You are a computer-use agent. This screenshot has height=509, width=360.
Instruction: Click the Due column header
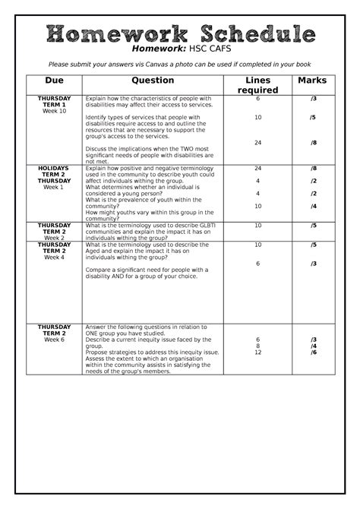point(54,81)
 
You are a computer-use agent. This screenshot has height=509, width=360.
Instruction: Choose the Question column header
point(153,81)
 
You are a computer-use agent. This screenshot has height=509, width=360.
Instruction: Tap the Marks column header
point(312,81)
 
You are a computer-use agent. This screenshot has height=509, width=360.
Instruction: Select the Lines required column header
point(257,85)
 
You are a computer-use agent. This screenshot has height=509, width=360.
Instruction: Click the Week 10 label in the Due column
point(54,112)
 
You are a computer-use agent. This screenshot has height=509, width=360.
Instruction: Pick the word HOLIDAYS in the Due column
point(54,168)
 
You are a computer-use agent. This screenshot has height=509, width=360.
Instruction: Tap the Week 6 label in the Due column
point(54,340)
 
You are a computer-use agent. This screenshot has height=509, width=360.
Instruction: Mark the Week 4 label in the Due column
point(54,258)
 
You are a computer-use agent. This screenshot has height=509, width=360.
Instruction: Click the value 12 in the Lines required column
point(257,353)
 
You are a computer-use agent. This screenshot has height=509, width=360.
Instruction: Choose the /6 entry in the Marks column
point(313,353)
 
